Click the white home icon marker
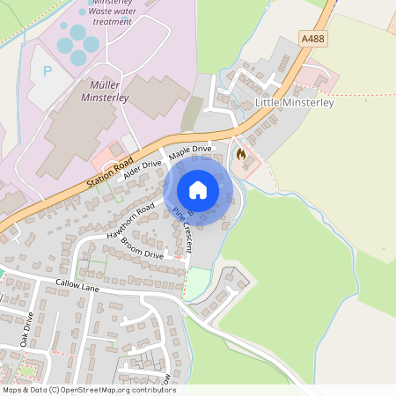(x=198, y=190)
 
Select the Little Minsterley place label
(x=294, y=103)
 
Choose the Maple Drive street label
(x=191, y=151)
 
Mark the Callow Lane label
(x=77, y=286)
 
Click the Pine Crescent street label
(x=187, y=226)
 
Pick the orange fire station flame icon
(x=240, y=154)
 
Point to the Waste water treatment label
(x=112, y=16)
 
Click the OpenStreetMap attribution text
(x=88, y=390)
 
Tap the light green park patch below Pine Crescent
(x=200, y=282)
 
